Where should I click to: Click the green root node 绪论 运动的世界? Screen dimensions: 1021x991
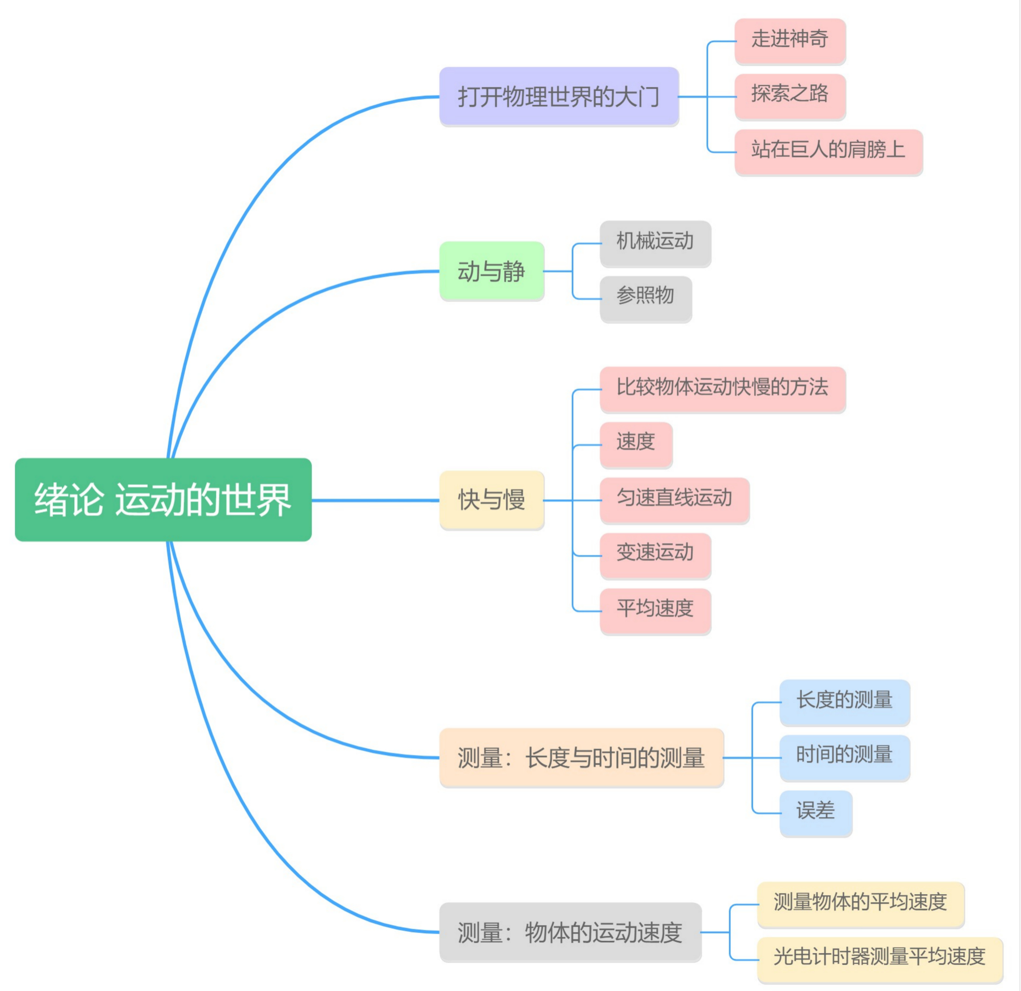[163, 500]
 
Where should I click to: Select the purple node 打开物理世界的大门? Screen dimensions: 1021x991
[559, 96]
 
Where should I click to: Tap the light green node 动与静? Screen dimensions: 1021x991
[492, 271]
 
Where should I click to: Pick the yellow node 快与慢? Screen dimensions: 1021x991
[492, 500]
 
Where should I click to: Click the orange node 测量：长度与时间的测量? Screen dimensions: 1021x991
[581, 757]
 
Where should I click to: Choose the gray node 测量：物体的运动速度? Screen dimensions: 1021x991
[571, 932]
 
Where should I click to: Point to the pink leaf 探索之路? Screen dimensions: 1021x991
[790, 96]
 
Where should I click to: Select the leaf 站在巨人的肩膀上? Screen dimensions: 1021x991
[828, 152]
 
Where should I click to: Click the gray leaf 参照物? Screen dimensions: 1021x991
[646, 299]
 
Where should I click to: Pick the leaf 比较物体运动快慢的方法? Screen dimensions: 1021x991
[723, 389]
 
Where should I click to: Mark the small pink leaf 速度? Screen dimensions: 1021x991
[636, 444]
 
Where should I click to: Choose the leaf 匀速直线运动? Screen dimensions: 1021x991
[675, 500]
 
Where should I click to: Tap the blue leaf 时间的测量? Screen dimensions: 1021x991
[844, 757]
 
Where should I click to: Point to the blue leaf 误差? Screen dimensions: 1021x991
[816, 813]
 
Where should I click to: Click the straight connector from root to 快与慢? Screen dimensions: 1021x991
[375, 500]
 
